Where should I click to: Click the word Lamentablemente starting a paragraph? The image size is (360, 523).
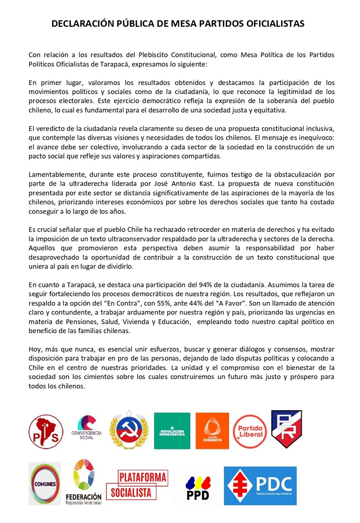pyautogui.click(x=57, y=174)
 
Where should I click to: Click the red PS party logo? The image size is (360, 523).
pyautogui.click(x=46, y=432)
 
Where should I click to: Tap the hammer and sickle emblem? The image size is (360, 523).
pyautogui.click(x=130, y=430)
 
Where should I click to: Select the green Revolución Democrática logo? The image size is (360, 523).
pyautogui.click(x=172, y=431)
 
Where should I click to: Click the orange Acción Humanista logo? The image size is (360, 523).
pyautogui.click(x=212, y=431)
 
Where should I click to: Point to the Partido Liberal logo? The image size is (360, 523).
pyautogui.click(x=250, y=431)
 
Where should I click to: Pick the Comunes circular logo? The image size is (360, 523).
pyautogui.click(x=44, y=483)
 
